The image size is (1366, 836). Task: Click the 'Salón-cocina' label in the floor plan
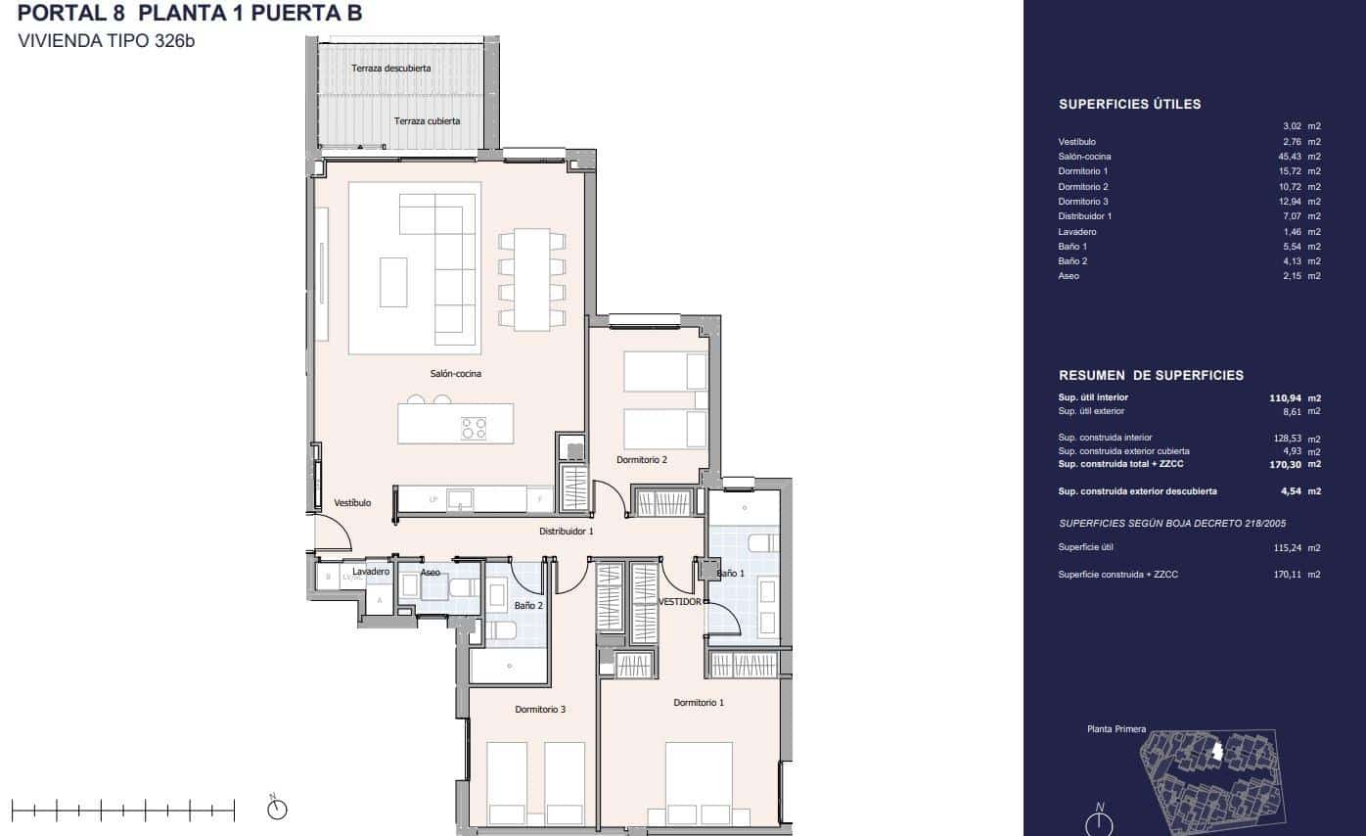455,373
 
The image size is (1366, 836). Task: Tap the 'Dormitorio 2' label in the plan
643,459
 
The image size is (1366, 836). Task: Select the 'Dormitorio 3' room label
540,709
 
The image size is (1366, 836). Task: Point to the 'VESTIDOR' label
679,602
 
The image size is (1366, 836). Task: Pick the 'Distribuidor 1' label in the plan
567,531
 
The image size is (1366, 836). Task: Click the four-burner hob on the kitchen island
474,428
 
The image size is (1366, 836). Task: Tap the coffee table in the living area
393,282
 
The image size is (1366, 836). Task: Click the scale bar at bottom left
123,810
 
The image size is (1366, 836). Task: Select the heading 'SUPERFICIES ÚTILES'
1129,104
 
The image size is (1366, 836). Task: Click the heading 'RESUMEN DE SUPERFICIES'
1151,375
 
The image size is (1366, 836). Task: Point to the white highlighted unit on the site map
1216,751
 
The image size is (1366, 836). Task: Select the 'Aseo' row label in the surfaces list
1068,276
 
